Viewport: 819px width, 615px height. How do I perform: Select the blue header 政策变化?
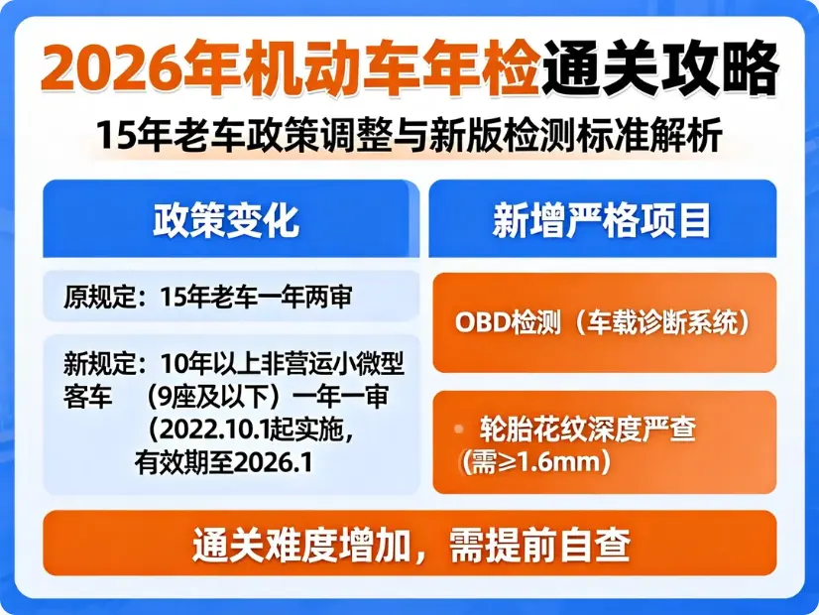[x=225, y=220]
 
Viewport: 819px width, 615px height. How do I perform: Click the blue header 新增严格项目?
[x=602, y=220]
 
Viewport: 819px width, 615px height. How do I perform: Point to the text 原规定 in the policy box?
[x=94, y=297]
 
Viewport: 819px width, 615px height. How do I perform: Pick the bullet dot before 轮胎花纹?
[x=459, y=429]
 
